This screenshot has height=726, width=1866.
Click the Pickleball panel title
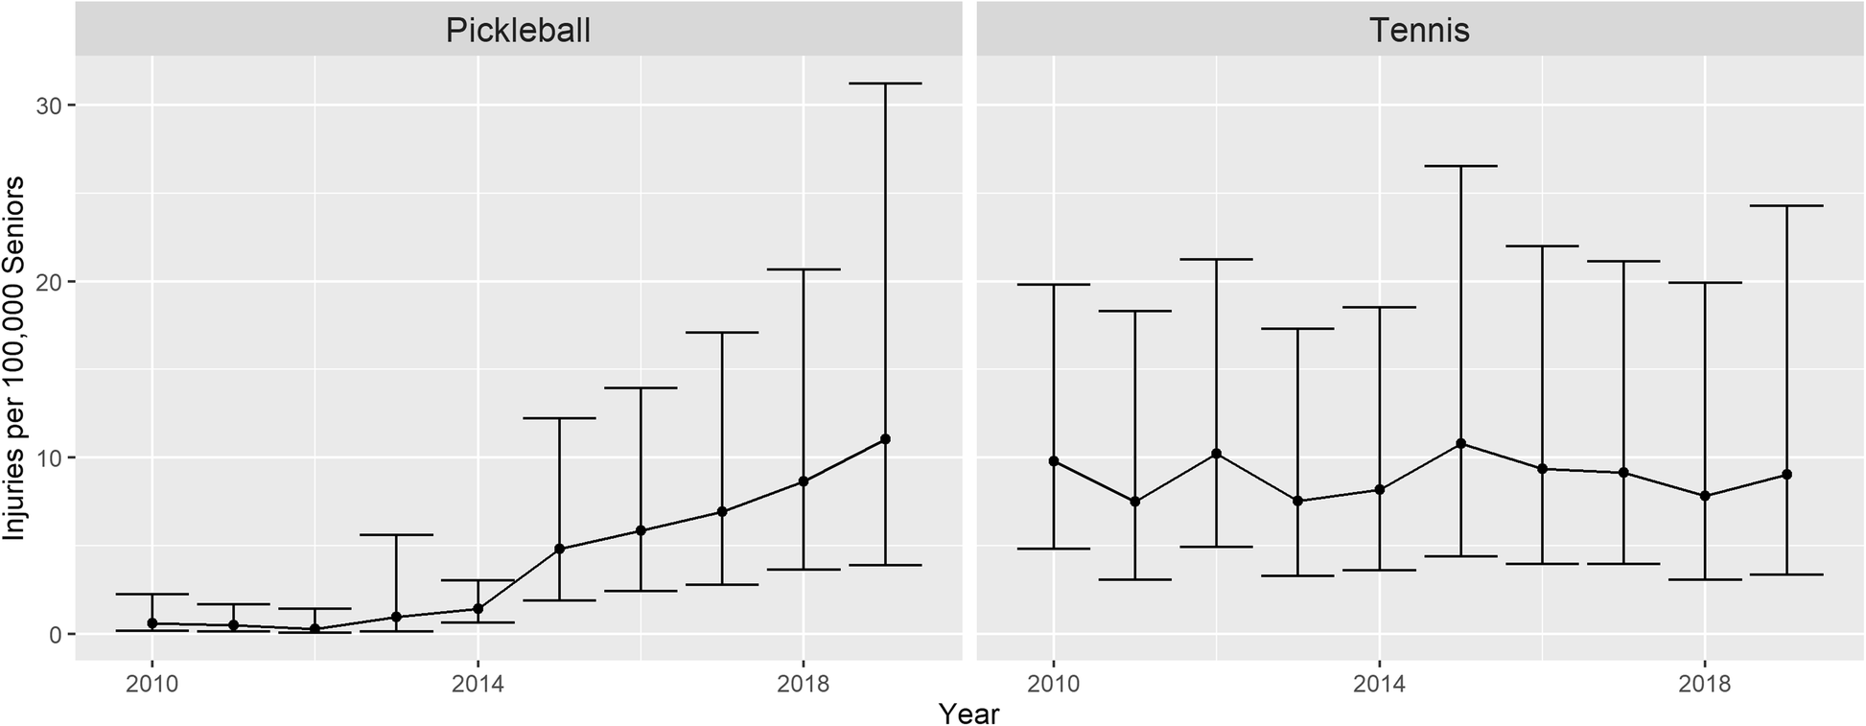point(518,31)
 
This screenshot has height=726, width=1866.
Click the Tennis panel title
point(1419,31)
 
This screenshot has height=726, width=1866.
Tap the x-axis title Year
point(968,714)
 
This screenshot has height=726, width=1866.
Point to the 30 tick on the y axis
point(48,105)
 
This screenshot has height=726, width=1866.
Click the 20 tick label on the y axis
point(48,282)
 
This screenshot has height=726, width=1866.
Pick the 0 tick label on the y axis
point(55,635)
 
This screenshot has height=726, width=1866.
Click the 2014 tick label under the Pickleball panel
point(477,685)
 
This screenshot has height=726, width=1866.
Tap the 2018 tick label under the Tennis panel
point(1704,685)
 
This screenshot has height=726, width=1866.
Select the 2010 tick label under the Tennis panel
point(1053,685)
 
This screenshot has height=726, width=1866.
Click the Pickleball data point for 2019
point(885,439)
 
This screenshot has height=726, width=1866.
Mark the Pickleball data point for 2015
point(560,549)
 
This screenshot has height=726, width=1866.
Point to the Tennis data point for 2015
point(1461,443)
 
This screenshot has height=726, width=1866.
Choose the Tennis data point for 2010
point(1054,461)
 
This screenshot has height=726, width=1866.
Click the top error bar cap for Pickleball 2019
point(885,83)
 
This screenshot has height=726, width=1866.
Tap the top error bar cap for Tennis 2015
point(1461,166)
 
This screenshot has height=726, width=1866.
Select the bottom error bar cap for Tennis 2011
point(1134,579)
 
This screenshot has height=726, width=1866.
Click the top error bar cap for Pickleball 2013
point(396,534)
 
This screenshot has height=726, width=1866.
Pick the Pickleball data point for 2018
point(804,481)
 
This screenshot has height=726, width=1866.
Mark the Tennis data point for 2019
point(1786,475)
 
